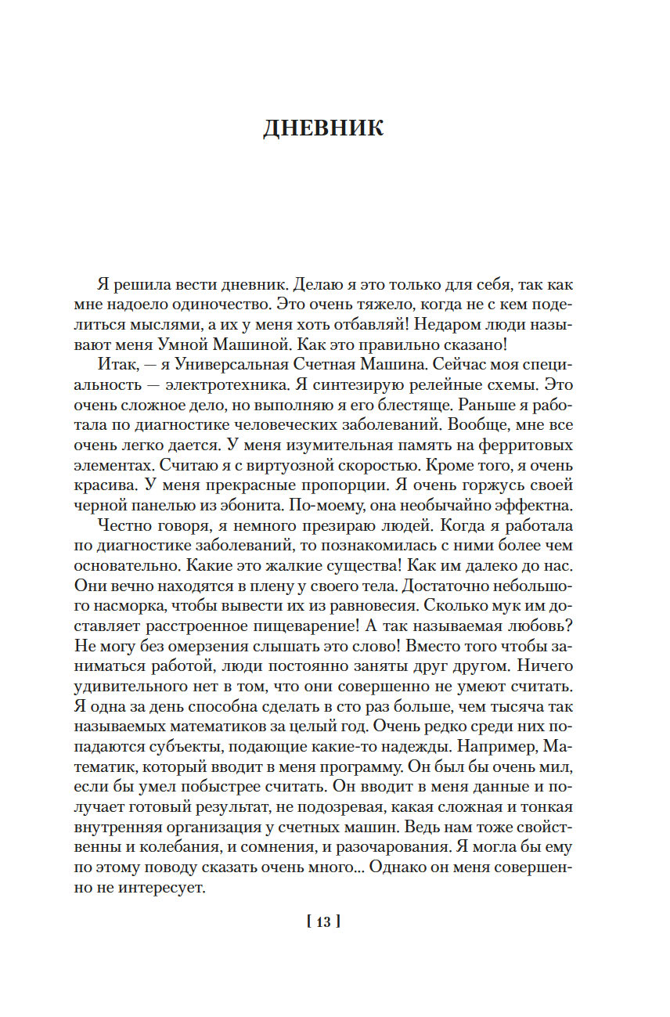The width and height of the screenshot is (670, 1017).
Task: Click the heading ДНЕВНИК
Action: tap(323, 128)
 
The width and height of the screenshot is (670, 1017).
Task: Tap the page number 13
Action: tap(323, 921)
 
